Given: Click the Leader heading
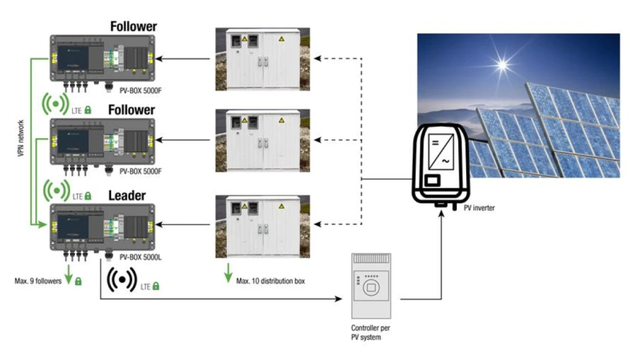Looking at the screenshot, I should point(127,195).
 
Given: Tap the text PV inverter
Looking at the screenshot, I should point(479,207).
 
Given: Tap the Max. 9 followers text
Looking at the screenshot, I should point(38,281).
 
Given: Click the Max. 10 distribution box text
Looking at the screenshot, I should point(271,281).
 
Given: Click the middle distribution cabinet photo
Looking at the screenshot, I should point(262,140).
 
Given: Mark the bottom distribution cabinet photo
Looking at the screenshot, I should point(262,226).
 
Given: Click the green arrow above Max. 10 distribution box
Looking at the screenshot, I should point(228,273).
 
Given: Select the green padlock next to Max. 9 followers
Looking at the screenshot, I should point(78,282).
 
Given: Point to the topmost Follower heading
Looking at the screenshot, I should point(133,26).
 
